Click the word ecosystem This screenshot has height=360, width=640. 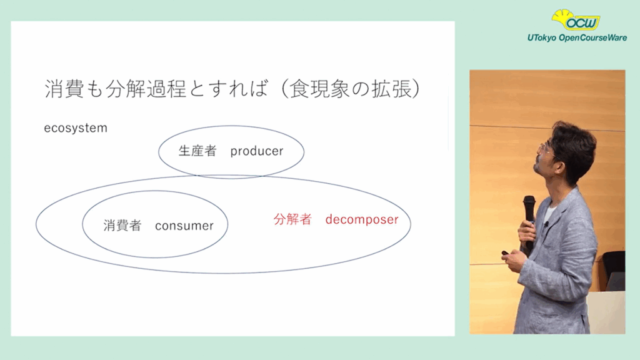pos(76,128)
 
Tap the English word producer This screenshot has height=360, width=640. pos(257,151)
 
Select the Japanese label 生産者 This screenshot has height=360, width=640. pos(197,151)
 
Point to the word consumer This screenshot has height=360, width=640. pos(184,226)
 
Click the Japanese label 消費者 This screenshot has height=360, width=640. pos(122,225)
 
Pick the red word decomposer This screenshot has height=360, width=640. pos(362,219)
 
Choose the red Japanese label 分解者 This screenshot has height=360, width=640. pos(292,219)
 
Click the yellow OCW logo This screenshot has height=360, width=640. pos(576,20)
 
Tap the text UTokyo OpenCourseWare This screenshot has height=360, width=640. pos(577,38)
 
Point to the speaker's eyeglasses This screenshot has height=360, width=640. pos(547,149)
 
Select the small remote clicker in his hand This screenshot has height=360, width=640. pos(505,253)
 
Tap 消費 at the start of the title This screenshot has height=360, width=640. pos(64,89)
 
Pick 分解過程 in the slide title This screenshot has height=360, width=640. pos(146,89)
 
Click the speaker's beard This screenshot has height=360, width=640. pos(539,167)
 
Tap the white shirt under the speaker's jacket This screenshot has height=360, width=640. pos(548,214)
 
